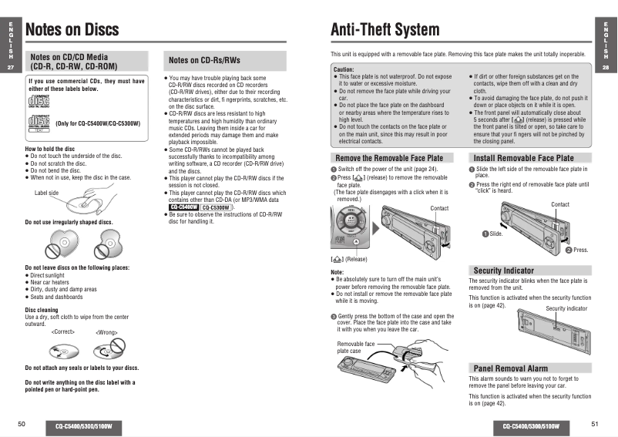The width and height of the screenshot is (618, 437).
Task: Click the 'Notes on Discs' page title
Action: (x=72, y=30)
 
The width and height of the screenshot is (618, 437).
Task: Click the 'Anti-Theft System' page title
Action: (x=385, y=30)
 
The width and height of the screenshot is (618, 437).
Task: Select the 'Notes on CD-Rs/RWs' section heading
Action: (x=204, y=60)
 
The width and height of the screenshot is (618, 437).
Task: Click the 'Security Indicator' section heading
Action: (x=503, y=271)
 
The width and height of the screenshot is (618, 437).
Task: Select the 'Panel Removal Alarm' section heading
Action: (x=510, y=368)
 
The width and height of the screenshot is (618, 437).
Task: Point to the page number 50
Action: (x=22, y=424)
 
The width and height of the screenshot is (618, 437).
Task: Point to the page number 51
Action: (x=595, y=424)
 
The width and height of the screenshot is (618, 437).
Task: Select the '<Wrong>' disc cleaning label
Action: (x=106, y=332)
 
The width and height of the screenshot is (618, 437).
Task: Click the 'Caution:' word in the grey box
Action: (x=344, y=69)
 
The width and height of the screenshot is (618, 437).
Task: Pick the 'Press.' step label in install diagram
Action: (x=580, y=250)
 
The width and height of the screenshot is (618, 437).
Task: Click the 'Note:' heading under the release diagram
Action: (x=337, y=272)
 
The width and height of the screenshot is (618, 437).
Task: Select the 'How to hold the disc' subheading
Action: (x=51, y=149)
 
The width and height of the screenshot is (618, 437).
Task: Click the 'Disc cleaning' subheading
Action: (x=42, y=310)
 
